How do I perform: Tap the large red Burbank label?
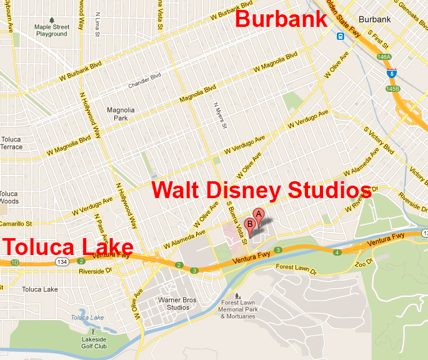click(281, 19)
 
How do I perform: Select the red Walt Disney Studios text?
click(262, 189)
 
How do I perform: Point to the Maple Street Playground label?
click(51, 31)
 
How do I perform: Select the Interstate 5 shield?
click(391, 73)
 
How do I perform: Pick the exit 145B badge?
click(392, 89)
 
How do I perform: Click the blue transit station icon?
click(340, 36)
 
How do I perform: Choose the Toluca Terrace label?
click(11, 143)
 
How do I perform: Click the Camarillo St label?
click(16, 223)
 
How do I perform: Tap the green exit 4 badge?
click(337, 252)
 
